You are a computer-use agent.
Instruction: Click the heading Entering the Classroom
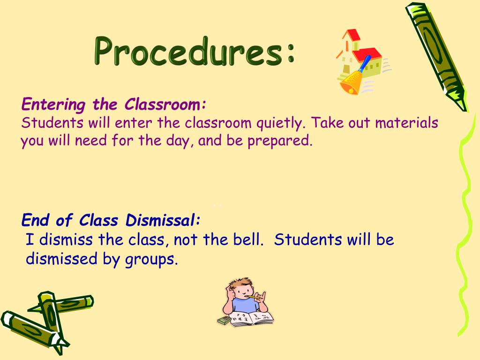click(x=114, y=104)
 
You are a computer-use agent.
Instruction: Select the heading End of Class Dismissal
click(x=112, y=219)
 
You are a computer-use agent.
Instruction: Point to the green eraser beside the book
click(x=224, y=321)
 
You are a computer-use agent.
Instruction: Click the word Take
click(x=325, y=123)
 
